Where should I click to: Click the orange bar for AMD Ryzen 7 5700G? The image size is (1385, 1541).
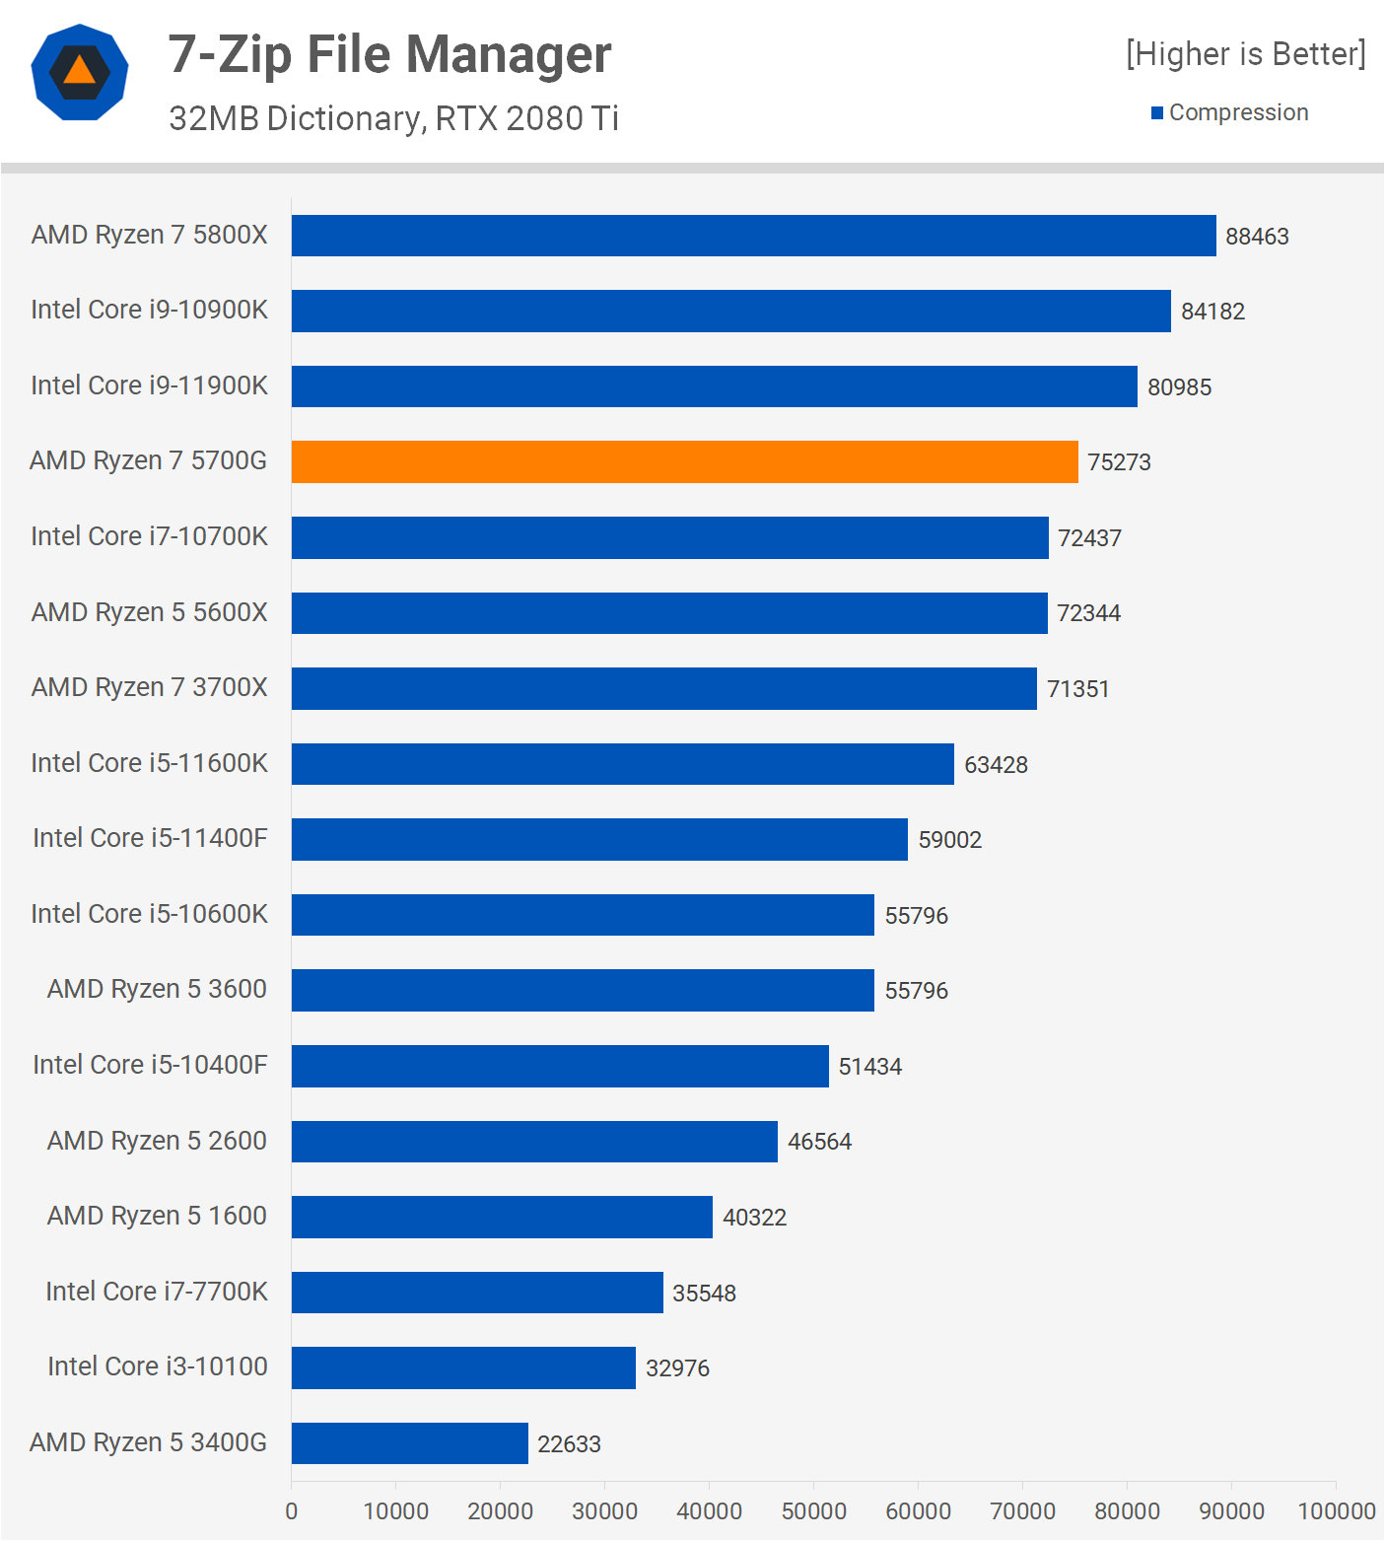tap(684, 461)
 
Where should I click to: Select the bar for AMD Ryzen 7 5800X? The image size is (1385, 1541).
tap(753, 236)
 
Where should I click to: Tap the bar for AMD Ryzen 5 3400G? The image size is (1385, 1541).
tap(409, 1443)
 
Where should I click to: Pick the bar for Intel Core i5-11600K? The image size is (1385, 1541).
tap(622, 764)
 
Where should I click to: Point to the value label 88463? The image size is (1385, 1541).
tap(1257, 237)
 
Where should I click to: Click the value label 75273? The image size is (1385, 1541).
tap(1119, 462)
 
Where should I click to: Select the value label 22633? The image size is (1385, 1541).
tap(569, 1444)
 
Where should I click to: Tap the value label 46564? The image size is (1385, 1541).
tap(819, 1142)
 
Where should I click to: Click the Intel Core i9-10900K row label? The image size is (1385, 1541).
tap(149, 310)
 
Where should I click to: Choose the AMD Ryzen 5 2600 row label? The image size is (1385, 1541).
tap(157, 1141)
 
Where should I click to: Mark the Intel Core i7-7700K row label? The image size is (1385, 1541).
tap(156, 1292)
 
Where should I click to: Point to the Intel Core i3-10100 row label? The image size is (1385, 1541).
tap(157, 1366)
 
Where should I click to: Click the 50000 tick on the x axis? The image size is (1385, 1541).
tap(813, 1511)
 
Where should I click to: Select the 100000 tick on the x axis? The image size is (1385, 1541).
tap(1336, 1511)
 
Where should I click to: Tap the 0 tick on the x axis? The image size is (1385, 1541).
tap(291, 1511)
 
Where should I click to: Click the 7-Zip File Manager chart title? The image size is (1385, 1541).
tap(389, 54)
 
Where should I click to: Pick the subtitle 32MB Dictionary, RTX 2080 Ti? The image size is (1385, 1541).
tap(393, 118)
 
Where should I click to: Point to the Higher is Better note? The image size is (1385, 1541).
tap(1246, 54)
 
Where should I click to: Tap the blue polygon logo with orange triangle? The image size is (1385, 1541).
tap(80, 72)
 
